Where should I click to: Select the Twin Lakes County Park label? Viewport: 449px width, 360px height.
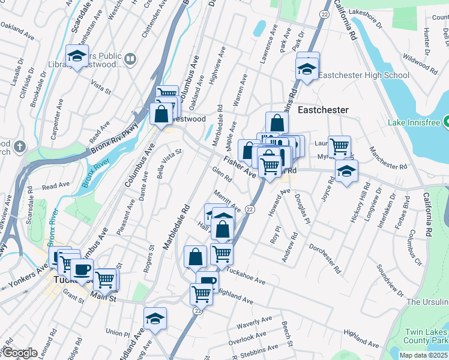426,336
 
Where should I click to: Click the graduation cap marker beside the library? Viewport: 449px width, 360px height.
77,56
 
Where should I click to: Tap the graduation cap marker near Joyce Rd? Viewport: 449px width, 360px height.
346,172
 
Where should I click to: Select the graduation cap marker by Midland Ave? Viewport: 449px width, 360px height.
155,319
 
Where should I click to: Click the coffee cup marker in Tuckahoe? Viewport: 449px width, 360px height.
82,270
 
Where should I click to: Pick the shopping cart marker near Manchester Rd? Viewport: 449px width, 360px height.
339,146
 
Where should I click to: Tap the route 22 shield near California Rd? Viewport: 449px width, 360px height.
324,13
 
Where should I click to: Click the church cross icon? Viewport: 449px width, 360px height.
19,146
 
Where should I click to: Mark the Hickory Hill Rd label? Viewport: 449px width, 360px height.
363,203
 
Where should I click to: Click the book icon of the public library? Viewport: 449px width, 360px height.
130,59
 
